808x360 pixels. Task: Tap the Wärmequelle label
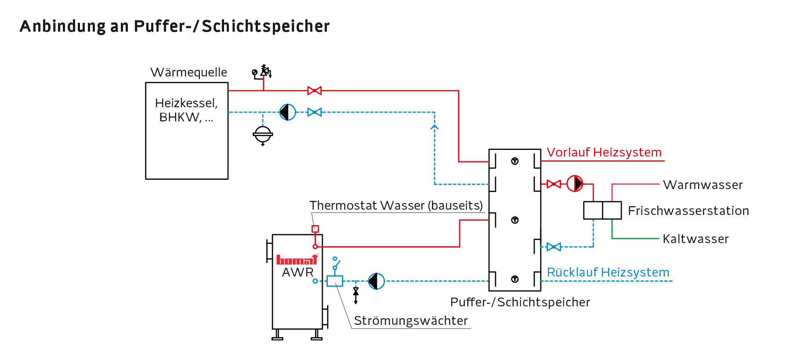tap(188, 72)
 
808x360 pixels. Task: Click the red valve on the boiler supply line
tap(314, 91)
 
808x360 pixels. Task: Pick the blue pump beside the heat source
tap(288, 112)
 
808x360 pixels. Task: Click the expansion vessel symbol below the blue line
tap(263, 135)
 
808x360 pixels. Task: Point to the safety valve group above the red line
tap(262, 72)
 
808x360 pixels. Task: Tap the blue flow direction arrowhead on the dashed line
tap(435, 127)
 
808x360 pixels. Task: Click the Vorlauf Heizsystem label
tap(604, 152)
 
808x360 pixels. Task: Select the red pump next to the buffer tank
tap(575, 183)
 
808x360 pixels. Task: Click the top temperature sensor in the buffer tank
tap(515, 161)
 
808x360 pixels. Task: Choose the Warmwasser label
tap(703, 185)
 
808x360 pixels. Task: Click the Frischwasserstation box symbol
tap(602, 210)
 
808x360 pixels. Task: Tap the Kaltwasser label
tap(695, 239)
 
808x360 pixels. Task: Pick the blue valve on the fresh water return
tap(554, 247)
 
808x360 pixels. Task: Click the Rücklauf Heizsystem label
tap(608, 272)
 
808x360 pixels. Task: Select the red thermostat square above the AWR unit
tap(315, 229)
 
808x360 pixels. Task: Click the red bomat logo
tap(297, 260)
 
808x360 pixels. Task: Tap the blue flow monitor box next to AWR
tap(335, 281)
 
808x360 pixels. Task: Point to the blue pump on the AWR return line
tap(377, 281)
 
